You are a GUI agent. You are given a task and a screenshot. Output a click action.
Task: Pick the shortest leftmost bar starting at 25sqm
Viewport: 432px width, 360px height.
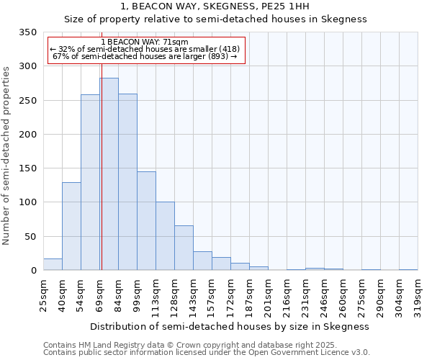[53, 264]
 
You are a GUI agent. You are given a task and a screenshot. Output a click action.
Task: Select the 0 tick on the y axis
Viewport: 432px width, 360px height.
[32, 271]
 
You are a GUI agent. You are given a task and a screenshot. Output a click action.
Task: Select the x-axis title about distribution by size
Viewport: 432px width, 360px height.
[230, 326]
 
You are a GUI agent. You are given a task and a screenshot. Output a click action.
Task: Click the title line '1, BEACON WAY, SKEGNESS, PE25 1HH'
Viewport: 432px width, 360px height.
[216, 6]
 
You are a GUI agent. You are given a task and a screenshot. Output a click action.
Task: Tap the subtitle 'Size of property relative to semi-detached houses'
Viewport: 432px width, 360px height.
[216, 19]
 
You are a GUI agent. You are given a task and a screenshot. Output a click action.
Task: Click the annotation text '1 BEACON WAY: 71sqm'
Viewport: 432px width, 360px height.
[145, 42]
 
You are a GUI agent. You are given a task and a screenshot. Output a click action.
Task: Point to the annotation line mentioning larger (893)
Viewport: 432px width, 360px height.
[145, 57]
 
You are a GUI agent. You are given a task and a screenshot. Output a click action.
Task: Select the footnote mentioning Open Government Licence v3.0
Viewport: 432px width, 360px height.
[207, 353]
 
